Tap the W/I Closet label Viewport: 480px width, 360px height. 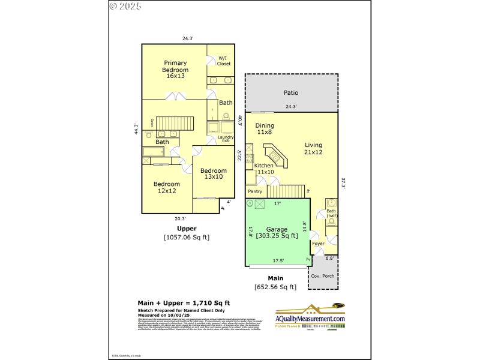tap(224, 61)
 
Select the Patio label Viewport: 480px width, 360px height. tap(291, 93)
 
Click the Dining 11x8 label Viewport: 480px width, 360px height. tap(265, 128)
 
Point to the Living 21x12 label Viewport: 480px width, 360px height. tap(313, 148)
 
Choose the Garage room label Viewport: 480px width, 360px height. tap(277, 232)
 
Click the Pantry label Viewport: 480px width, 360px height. tap(256, 191)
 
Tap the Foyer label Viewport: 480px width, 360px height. tap(318, 244)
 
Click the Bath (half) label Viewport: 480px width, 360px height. tap(332, 214)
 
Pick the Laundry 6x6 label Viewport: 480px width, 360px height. tap(225, 139)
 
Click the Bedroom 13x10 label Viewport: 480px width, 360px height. tap(214, 173)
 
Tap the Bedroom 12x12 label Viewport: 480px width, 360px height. tap(166, 187)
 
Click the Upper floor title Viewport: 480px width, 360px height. tap(187, 229)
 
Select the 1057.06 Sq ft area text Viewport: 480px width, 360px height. tap(187, 238)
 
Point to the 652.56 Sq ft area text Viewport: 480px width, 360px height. tap(275, 287)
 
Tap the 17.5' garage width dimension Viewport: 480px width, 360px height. tap(278, 261)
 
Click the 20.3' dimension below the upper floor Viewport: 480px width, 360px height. tap(180, 219)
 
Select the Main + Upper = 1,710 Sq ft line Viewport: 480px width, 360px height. tap(184, 302)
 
